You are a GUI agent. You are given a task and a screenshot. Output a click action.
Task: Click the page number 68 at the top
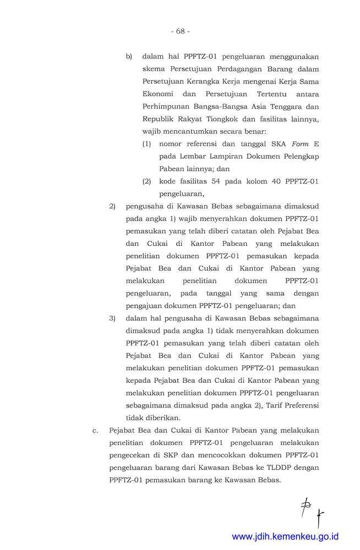[180, 31]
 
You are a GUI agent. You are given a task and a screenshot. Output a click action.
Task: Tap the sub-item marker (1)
[146, 144]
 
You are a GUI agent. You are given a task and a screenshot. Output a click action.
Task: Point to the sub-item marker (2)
[146, 181]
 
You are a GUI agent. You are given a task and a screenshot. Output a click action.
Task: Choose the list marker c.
[95, 430]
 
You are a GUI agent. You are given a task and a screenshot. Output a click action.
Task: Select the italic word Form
[301, 144]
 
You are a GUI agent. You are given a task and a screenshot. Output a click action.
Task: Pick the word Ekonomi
[159, 94]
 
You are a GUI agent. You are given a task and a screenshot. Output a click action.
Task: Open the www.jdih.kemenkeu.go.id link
[285, 536]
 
